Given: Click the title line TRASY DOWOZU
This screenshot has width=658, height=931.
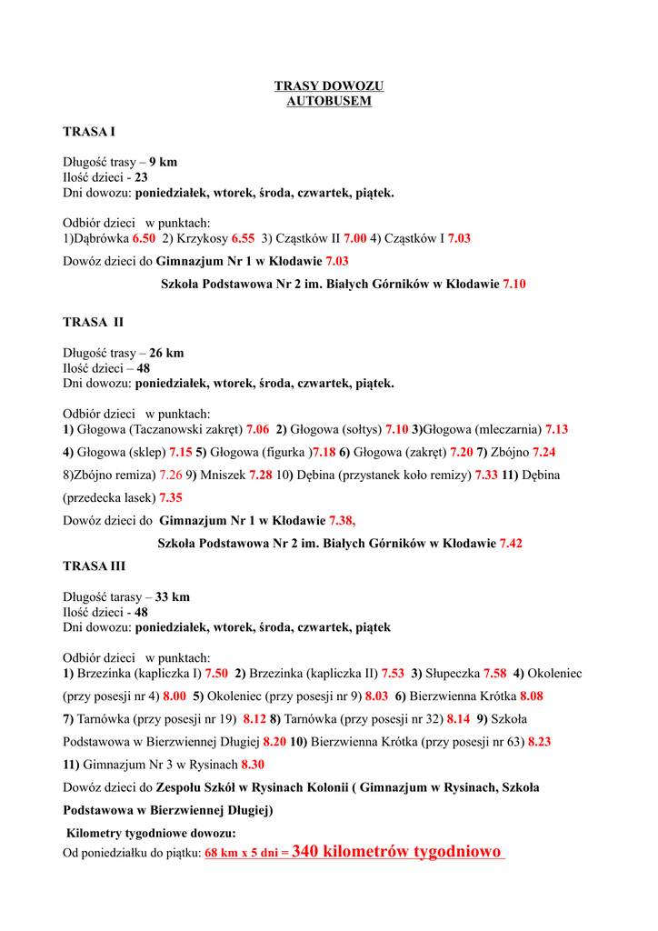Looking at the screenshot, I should [x=329, y=86].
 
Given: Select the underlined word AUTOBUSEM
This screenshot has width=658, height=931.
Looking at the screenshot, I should [x=329, y=101].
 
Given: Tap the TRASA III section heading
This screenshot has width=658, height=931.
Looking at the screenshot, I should [x=95, y=566].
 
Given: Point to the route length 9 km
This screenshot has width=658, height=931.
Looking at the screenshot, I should [x=164, y=163].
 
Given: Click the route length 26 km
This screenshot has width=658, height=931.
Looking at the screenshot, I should [x=166, y=353].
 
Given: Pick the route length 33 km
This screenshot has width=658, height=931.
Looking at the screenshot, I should [x=173, y=597].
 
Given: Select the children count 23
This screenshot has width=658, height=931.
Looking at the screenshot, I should [x=141, y=178].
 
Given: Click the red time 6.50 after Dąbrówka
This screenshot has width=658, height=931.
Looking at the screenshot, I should [x=144, y=238].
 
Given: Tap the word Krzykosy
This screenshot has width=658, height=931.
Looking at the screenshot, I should [x=202, y=238].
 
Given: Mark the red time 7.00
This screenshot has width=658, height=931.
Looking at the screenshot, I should [x=354, y=238].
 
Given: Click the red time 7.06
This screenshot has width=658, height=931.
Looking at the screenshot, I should [x=257, y=429].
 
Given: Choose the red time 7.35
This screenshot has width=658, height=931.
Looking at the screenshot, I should [x=171, y=497].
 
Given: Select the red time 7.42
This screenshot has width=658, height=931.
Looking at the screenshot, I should [x=511, y=543].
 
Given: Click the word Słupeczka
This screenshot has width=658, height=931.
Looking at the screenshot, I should [x=452, y=674].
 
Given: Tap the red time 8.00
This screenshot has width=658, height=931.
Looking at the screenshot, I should [x=174, y=696].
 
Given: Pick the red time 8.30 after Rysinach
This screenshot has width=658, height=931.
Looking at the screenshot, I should [x=253, y=765].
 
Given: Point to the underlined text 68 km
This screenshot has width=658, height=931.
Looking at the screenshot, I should [x=222, y=854].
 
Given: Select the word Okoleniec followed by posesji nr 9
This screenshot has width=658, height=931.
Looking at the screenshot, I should [x=237, y=696].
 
